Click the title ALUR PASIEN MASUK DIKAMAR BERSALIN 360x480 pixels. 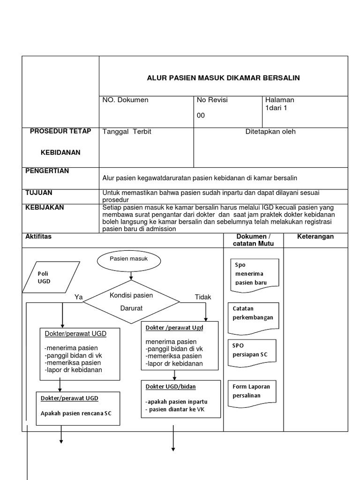pyautogui.click(x=223, y=78)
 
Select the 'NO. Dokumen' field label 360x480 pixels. pyautogui.click(x=125, y=100)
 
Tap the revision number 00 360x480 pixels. pyautogui.click(x=201, y=116)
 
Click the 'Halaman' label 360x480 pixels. pyautogui.click(x=279, y=100)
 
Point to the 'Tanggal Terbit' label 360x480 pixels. pyautogui.click(x=127, y=132)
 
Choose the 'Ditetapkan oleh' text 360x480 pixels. pyautogui.click(x=270, y=132)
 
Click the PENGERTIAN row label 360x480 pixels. pyautogui.click(x=47, y=171)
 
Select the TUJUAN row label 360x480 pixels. pyautogui.click(x=38, y=193)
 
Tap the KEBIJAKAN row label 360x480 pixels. pyautogui.click(x=45, y=207)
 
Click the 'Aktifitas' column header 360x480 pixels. pyautogui.click(x=38, y=237)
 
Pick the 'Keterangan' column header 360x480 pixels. pyautogui.click(x=315, y=237)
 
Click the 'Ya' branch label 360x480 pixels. pyautogui.click(x=78, y=297)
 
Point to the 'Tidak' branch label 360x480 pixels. pyautogui.click(x=203, y=297)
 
